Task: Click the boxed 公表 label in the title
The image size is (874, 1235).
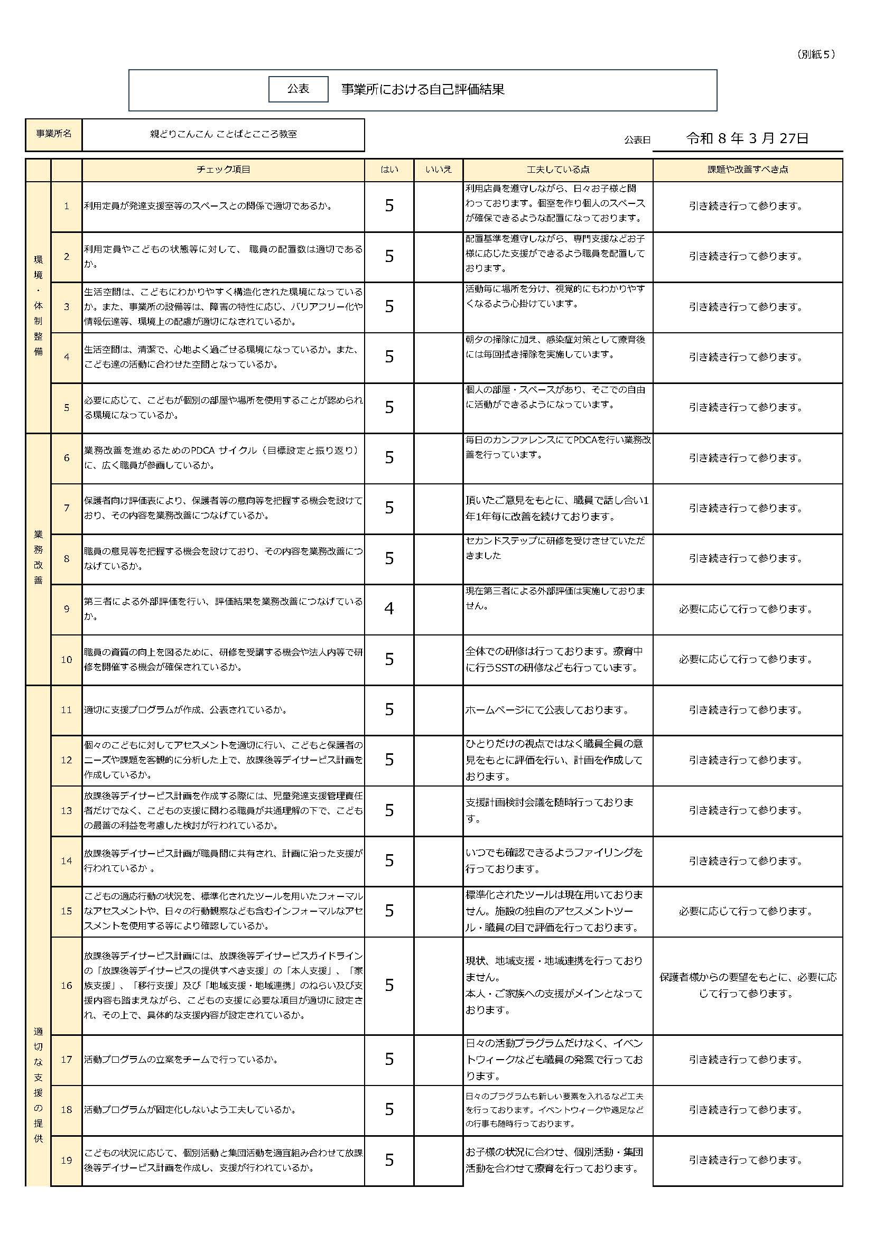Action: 298,89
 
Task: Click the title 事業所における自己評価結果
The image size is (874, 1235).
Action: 423,89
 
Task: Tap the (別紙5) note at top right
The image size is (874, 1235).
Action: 815,54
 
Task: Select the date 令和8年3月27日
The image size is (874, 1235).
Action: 747,139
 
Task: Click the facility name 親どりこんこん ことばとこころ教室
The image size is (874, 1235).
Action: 223,135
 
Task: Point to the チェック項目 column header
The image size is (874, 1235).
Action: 223,170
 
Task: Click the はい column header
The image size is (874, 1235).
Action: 389,170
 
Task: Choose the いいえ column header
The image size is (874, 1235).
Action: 438,170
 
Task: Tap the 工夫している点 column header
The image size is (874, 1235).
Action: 557,170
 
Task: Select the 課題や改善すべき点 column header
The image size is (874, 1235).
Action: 748,170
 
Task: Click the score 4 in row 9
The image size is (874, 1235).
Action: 389,609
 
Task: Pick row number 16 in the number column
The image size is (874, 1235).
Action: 66,986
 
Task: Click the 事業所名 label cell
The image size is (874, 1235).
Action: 53,135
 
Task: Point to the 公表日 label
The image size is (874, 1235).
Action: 637,141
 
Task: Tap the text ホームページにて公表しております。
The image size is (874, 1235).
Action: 547,710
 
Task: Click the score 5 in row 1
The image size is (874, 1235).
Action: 389,206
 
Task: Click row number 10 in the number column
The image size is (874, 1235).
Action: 66,659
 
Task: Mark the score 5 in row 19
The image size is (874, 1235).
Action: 389,1160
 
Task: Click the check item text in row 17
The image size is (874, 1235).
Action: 180,1060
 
